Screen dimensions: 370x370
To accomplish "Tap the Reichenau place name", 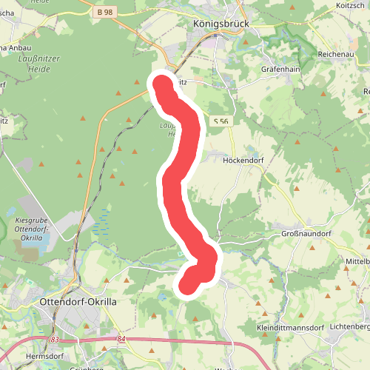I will click(337, 55).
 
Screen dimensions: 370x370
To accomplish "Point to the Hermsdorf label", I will click(26, 355).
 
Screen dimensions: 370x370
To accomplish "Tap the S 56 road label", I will click(220, 121).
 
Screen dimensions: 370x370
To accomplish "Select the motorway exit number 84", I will click(122, 338).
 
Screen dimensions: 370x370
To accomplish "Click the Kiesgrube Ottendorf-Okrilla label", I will click(31, 229).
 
